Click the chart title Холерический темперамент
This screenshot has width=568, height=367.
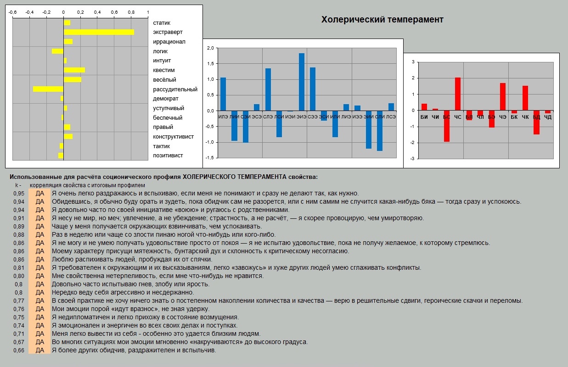click(x=382, y=19)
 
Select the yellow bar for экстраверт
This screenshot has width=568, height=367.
click(x=99, y=32)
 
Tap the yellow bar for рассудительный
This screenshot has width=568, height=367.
click(x=48, y=89)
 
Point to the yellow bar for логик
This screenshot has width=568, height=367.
click(x=57, y=51)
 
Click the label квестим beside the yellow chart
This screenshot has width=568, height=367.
click(x=164, y=70)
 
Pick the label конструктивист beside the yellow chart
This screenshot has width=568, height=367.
click(x=173, y=137)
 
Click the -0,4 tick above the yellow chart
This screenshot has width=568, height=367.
click(x=30, y=12)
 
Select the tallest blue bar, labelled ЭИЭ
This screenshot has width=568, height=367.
click(x=302, y=82)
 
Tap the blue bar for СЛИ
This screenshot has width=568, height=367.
click(x=380, y=131)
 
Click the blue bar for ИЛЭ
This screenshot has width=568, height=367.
click(x=223, y=94)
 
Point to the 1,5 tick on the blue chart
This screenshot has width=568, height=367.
click(x=211, y=64)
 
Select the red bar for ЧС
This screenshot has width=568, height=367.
click(x=458, y=94)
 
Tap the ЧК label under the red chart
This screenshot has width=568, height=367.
click(x=525, y=117)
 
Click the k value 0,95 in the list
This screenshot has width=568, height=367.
click(x=18, y=193)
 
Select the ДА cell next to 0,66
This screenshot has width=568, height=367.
click(x=39, y=350)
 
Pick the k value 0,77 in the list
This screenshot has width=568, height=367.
click(x=18, y=301)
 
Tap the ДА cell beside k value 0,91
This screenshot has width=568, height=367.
click(x=39, y=218)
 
